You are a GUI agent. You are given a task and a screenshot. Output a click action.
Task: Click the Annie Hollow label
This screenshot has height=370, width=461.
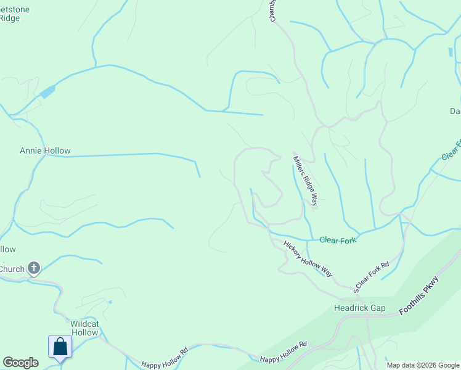pyautogui.click(x=45, y=150)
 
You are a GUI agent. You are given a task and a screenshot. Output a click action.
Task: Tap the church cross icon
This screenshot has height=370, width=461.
pyautogui.click(x=34, y=268)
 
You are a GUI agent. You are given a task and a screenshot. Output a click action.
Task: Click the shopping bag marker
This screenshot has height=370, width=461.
pyautogui.click(x=60, y=347)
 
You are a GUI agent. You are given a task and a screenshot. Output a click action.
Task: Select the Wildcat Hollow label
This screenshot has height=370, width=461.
pyautogui.click(x=84, y=328)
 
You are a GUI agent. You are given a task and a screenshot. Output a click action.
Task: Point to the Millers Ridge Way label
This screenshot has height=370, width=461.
pyautogui.click(x=306, y=180)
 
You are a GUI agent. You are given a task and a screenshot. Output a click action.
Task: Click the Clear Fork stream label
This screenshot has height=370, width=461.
pyautogui.click(x=338, y=240)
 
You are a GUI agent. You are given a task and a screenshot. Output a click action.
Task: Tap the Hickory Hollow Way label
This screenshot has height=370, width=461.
pyautogui.click(x=308, y=258)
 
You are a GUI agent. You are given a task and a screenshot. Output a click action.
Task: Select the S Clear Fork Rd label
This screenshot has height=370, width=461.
pyautogui.click(x=372, y=277)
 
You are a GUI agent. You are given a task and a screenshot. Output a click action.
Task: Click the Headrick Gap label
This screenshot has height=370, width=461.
pyautogui.click(x=359, y=307)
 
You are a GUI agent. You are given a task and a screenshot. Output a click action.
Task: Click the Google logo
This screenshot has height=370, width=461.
pyautogui.click(x=20, y=363)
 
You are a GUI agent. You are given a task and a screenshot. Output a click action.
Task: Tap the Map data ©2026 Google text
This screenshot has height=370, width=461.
pyautogui.click(x=423, y=365)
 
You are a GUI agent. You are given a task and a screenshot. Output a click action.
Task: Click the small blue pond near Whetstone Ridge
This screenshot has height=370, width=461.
pyautogui.click(x=47, y=92)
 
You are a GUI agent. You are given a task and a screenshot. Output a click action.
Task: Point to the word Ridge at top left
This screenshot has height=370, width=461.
pyautogui.click(x=10, y=18)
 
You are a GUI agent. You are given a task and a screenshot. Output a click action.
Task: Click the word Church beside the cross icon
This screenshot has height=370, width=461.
pyautogui.click(x=12, y=269)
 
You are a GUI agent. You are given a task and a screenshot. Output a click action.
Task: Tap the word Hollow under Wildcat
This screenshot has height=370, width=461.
pyautogui.click(x=84, y=333)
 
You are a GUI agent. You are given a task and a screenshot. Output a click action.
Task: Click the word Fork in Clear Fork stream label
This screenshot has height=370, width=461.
pyautogui.click(x=349, y=240)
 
